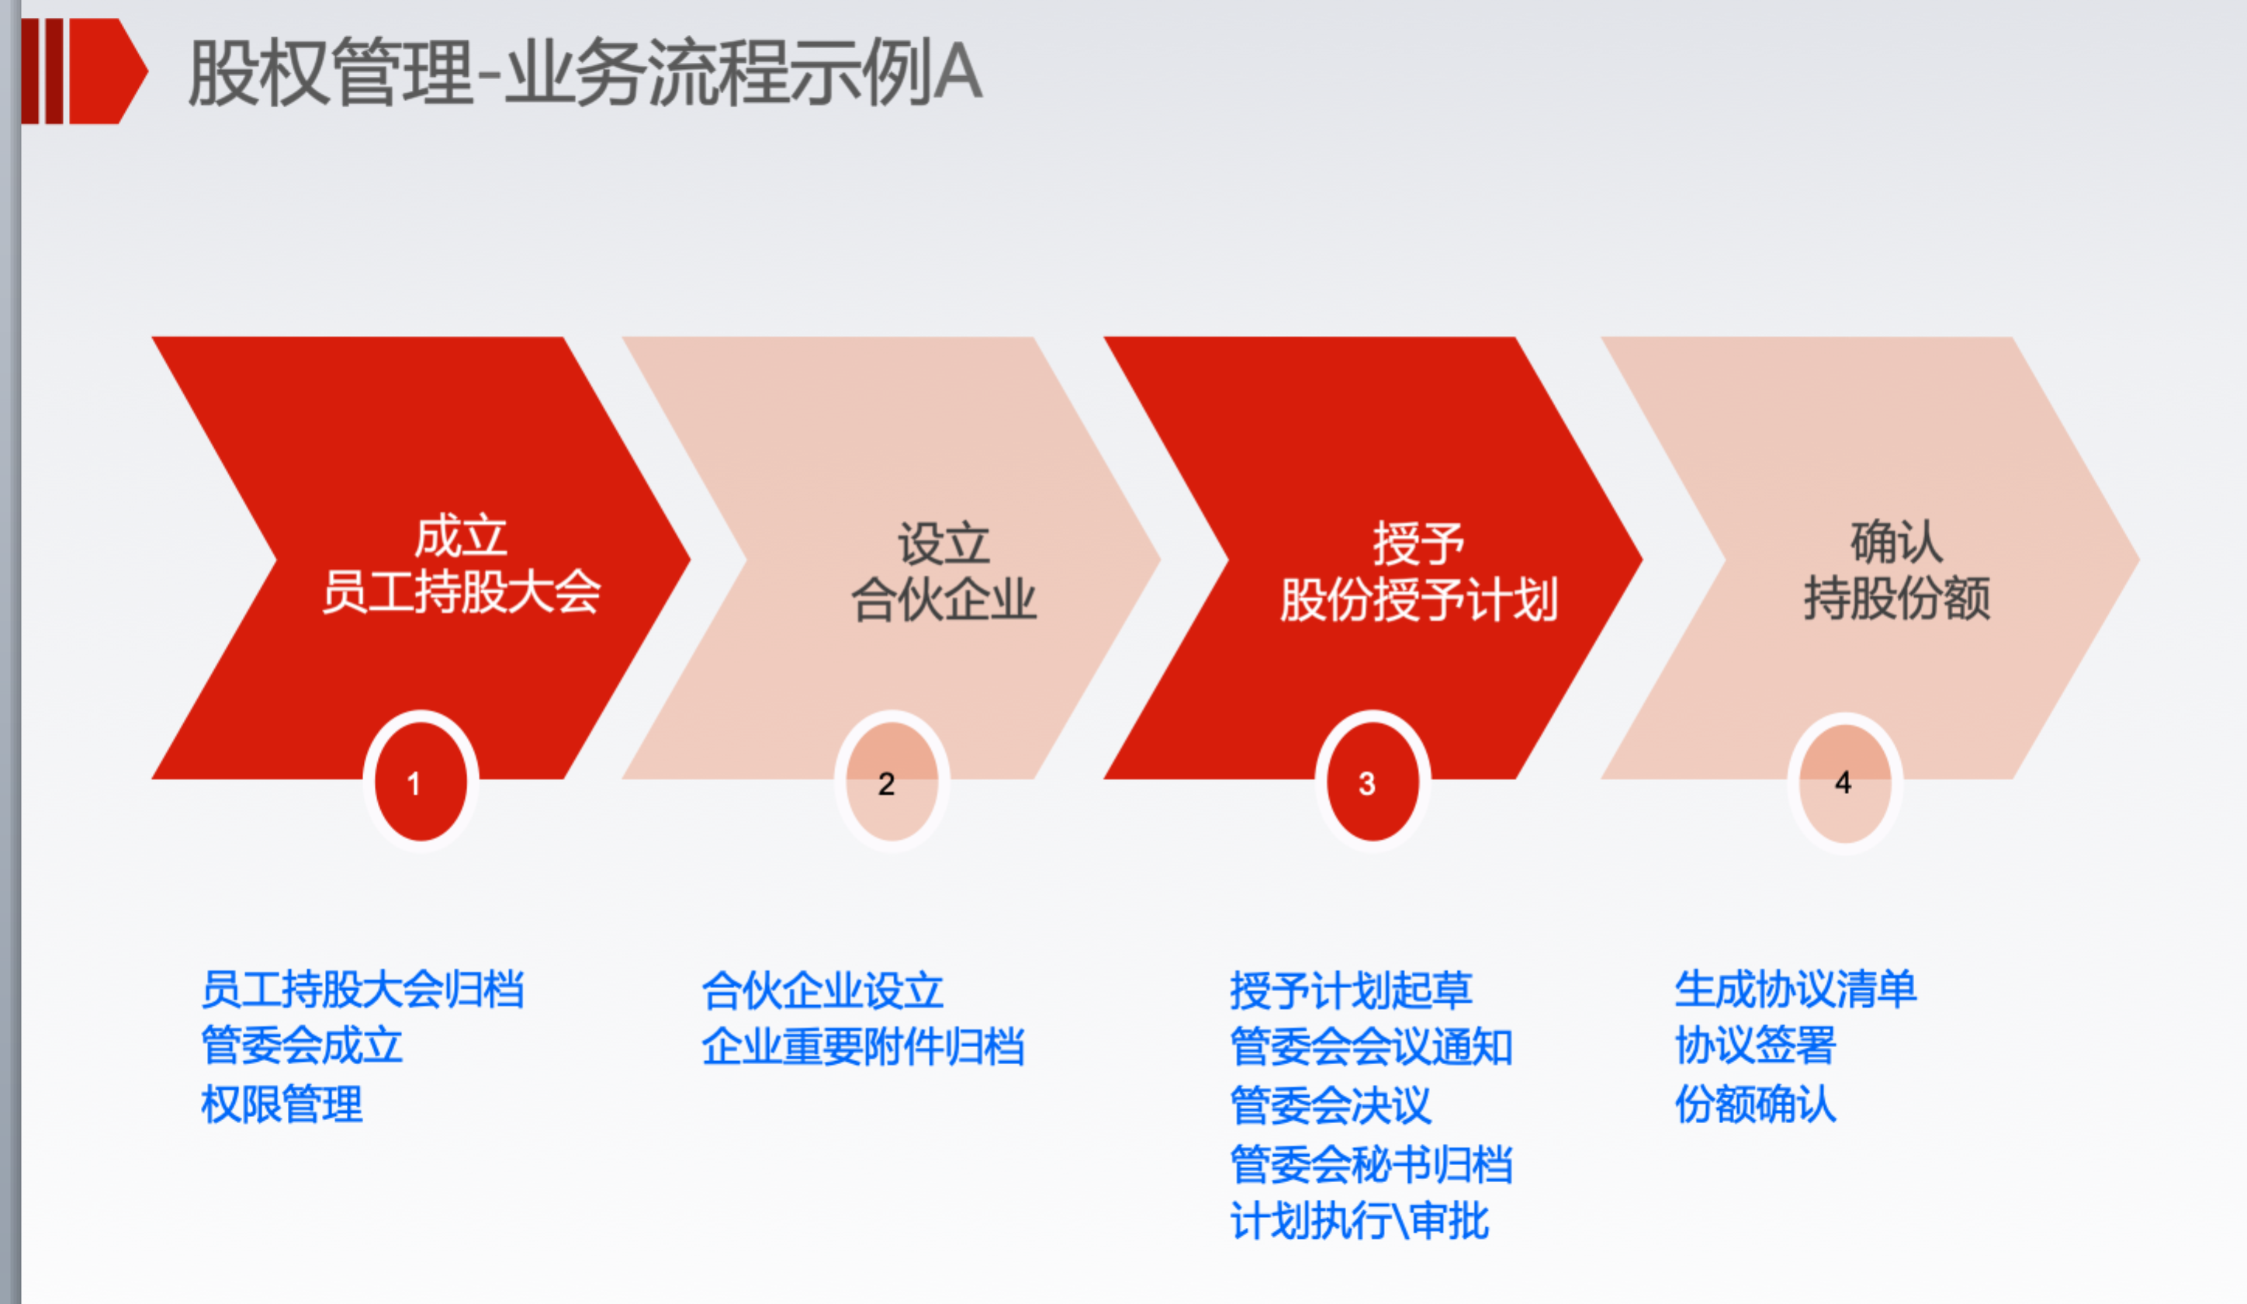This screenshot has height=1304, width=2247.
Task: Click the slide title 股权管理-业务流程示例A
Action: pyautogui.click(x=585, y=72)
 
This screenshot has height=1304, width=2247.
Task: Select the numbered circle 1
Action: pyautogui.click(x=421, y=782)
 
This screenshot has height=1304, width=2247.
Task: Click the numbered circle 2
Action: pyautogui.click(x=892, y=782)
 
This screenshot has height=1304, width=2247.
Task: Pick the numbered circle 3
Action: pyautogui.click(x=1373, y=782)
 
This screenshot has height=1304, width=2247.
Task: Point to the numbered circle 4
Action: pyautogui.click(x=1845, y=782)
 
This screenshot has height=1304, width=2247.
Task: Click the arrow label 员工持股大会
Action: pyautogui.click(x=461, y=591)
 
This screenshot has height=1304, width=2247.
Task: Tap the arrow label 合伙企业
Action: pyautogui.click(x=943, y=598)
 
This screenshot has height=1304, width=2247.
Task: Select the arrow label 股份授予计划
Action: pyautogui.click(x=1418, y=598)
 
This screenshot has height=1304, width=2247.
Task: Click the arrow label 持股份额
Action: pyautogui.click(x=1896, y=597)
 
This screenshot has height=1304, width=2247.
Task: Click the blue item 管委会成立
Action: pyautogui.click(x=303, y=1046)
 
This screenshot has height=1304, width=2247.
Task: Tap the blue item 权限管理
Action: pyautogui.click(x=282, y=1105)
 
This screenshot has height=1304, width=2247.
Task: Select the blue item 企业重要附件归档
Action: pyautogui.click(x=863, y=1046)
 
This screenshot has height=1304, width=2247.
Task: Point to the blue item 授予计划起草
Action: pyautogui.click(x=1351, y=990)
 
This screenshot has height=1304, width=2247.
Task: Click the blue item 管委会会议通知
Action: pyautogui.click(x=1371, y=1046)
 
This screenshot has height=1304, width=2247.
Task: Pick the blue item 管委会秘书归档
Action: pyautogui.click(x=1371, y=1164)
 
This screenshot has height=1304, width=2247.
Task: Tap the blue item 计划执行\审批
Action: pyautogui.click(x=1360, y=1221)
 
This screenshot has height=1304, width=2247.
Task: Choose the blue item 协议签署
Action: pyautogui.click(x=1756, y=1046)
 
